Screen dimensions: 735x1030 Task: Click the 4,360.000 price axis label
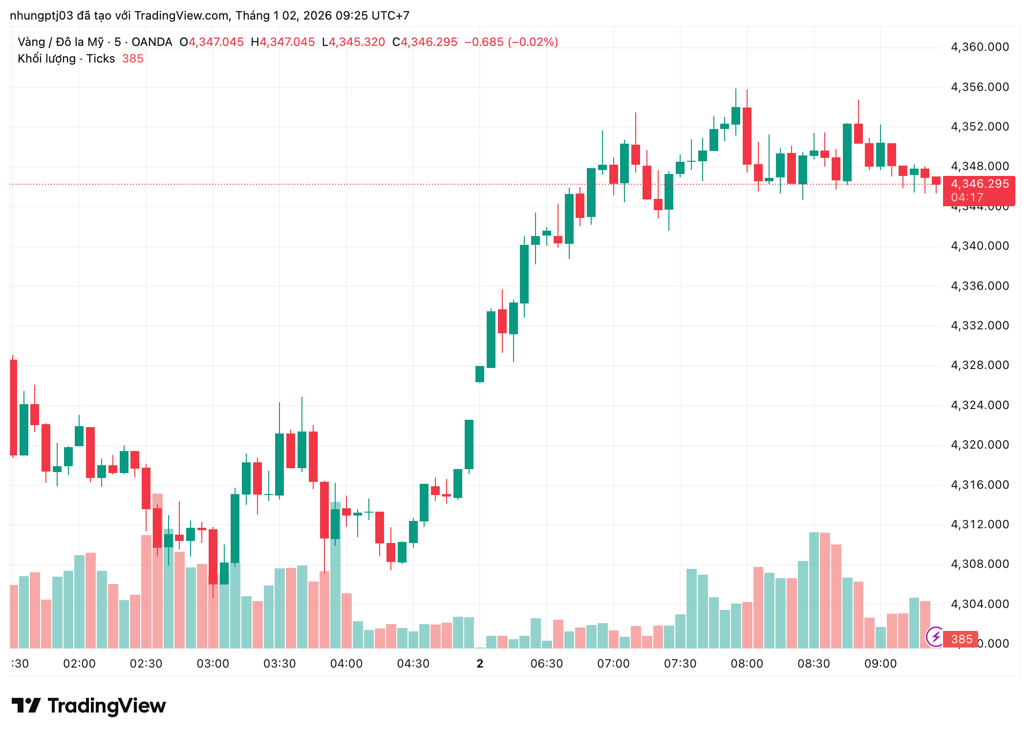pos(979,47)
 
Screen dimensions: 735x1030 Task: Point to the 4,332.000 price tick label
pos(979,325)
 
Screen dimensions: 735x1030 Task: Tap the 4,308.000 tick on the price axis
pos(979,564)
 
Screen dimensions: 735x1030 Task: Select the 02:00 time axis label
pos(79,664)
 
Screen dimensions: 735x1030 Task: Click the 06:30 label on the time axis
pos(546,664)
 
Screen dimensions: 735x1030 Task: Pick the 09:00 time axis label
pos(880,664)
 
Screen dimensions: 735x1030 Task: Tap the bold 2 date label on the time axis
pos(480,664)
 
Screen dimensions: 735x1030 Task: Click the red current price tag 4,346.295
pos(979,184)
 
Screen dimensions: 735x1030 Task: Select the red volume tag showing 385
pos(961,639)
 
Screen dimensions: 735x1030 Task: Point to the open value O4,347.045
pos(212,42)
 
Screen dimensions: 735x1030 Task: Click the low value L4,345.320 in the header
pos(353,42)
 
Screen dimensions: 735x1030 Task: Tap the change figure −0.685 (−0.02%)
pos(511,42)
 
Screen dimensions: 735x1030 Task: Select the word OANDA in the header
pos(151,42)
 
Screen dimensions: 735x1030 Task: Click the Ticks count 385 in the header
pos(132,59)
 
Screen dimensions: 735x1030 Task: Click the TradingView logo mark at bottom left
pos(26,706)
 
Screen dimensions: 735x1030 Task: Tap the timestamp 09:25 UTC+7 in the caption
pos(372,16)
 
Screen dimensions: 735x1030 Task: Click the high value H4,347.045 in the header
pos(282,42)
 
